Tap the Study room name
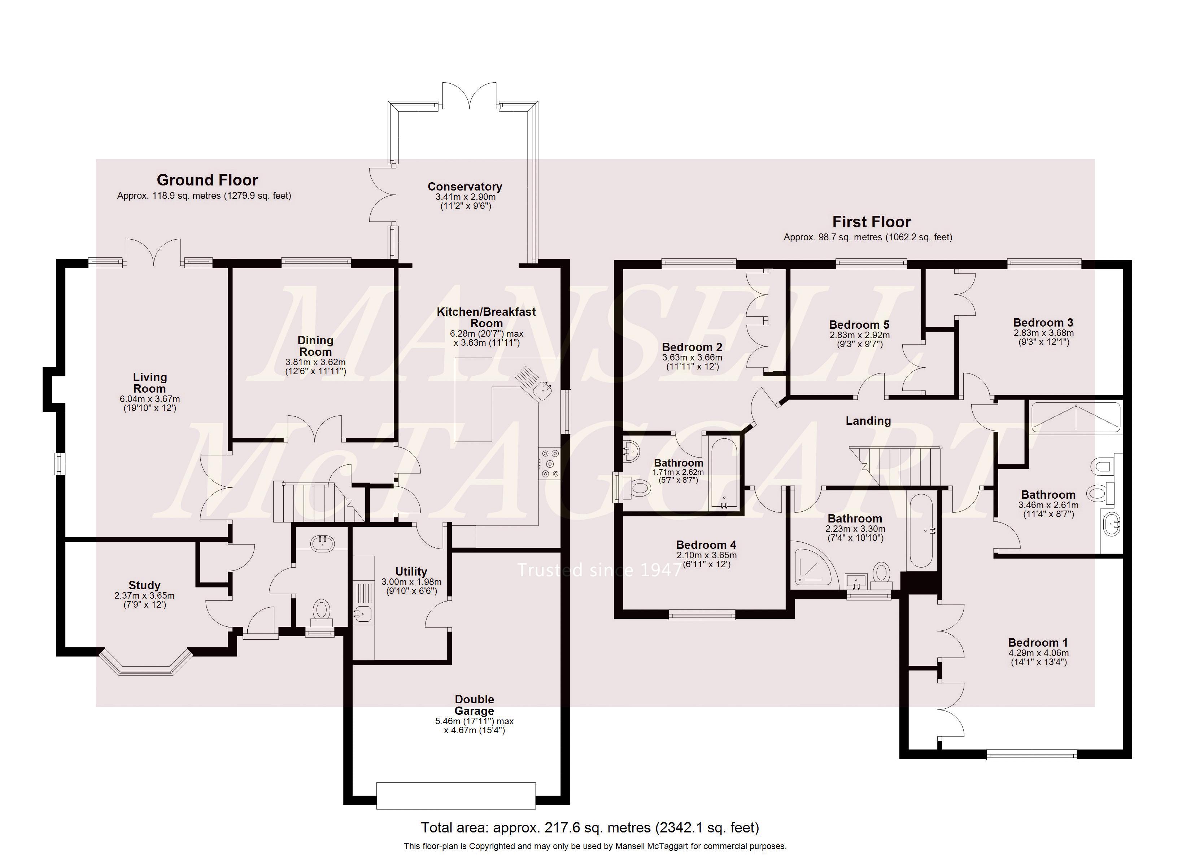coord(144,585)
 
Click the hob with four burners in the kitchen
coord(550,463)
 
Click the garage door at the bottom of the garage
coord(456,795)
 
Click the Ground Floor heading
coord(208,180)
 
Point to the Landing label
coord(868,421)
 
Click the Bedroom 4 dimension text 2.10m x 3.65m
coord(706,555)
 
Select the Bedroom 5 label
coord(859,324)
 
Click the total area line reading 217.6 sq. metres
coord(590,828)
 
